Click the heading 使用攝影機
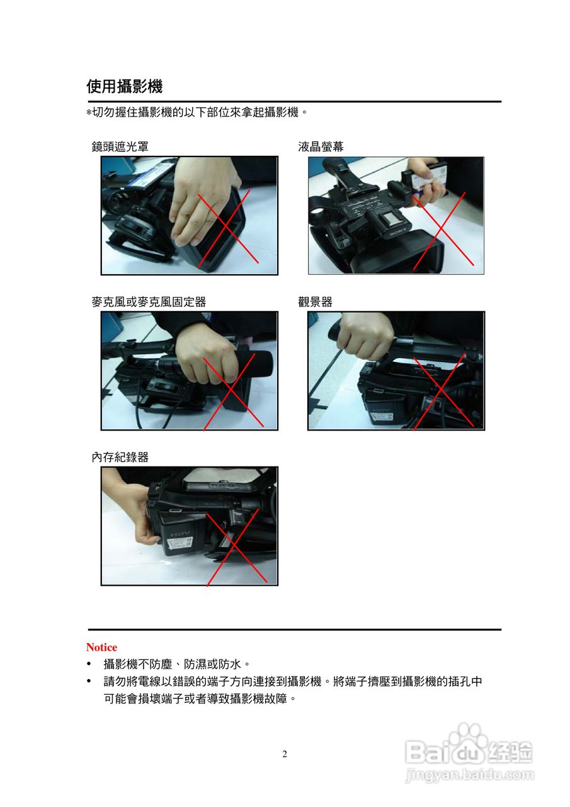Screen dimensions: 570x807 click(x=125, y=86)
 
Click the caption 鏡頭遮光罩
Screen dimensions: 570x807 click(x=120, y=147)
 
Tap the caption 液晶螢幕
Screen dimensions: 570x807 click(x=321, y=147)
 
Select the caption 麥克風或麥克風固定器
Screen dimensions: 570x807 click(x=149, y=302)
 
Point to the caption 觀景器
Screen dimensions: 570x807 click(x=315, y=302)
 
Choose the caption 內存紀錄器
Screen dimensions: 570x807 click(x=120, y=458)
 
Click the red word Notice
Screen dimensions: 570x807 click(x=101, y=647)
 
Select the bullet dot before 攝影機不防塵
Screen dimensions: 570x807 click(x=89, y=664)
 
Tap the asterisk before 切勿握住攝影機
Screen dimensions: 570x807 click(x=89, y=113)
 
